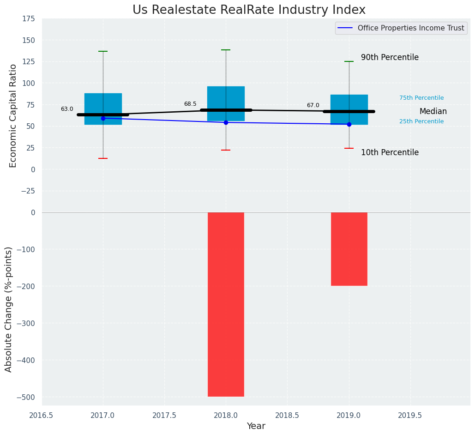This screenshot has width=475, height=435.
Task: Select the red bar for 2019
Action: [349, 249]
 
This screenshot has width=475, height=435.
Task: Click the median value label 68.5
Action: [190, 104]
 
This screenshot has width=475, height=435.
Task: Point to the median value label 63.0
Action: [67, 109]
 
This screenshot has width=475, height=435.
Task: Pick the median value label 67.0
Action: [313, 105]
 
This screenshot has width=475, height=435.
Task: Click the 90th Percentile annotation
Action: [390, 58]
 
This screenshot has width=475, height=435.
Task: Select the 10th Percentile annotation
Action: [390, 152]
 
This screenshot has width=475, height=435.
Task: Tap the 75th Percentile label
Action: [421, 98]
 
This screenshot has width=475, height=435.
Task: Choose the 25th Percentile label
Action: [421, 121]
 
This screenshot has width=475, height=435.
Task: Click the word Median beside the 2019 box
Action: [433, 111]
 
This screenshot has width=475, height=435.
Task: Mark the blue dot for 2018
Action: [226, 122]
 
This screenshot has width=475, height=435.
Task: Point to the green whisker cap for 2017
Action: [103, 51]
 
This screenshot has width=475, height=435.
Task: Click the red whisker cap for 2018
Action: [226, 150]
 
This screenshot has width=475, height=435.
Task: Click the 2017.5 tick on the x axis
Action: [164, 415]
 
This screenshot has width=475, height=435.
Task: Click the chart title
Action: [249, 10]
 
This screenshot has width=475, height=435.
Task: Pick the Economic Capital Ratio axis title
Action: [13, 115]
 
